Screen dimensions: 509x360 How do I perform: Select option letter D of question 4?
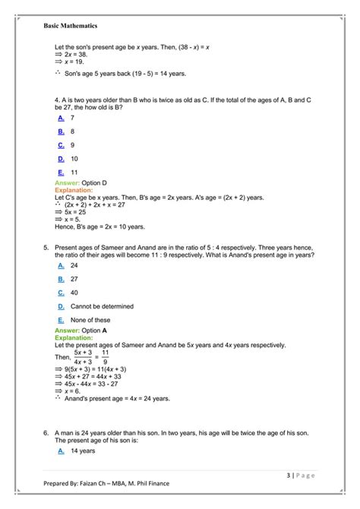[61, 159]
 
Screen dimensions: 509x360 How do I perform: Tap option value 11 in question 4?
[74, 172]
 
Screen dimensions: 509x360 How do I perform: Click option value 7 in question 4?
[72, 119]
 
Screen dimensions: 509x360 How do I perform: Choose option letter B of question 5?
[61, 279]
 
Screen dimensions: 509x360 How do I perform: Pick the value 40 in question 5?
[74, 292]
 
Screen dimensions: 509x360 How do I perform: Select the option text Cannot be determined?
[102, 306]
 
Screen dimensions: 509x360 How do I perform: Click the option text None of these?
[91, 320]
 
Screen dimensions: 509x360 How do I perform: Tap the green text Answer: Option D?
[81, 184]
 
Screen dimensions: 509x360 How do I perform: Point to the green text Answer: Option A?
[81, 331]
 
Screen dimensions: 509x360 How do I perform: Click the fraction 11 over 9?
[106, 356]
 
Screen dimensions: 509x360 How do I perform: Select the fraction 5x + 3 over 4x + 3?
[84, 356]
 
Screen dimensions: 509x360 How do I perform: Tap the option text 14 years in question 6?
[82, 451]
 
